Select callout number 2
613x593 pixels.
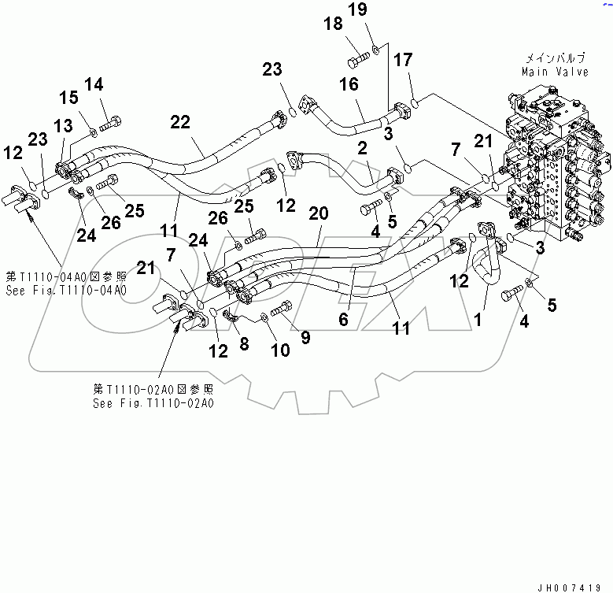(362, 146)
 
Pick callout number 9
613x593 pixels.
(305, 338)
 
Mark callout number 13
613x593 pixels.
(63, 125)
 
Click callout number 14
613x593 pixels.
(93, 84)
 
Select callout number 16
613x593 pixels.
(348, 84)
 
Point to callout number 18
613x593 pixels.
(334, 24)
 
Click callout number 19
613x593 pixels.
(379, 9)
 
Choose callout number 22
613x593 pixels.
(180, 121)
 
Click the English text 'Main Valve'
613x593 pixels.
(555, 72)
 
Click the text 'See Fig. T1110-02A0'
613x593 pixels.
(152, 402)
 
